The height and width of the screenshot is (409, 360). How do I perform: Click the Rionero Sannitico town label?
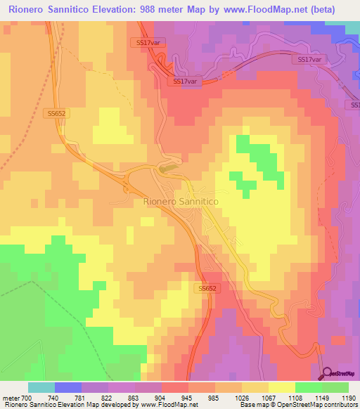(x=181, y=201)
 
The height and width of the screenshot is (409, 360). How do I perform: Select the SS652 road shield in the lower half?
(x=207, y=288)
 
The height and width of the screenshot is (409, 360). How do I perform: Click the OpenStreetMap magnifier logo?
(x=328, y=373)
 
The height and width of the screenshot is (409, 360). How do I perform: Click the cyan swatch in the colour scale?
(x=41, y=387)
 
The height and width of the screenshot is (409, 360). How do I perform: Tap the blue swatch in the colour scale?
(x=68, y=387)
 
